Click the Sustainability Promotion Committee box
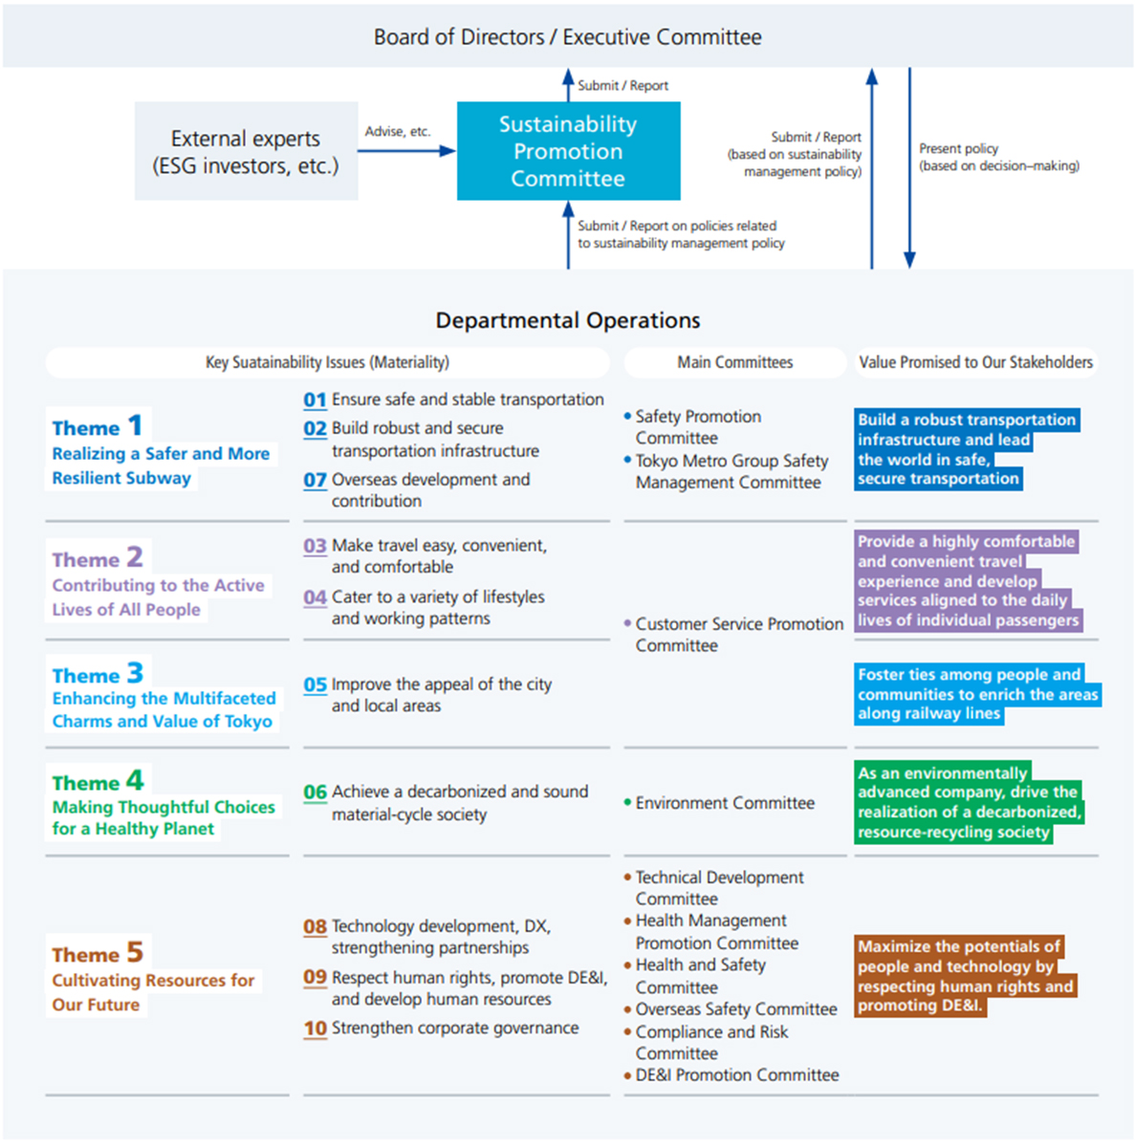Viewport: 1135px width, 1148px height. pyautogui.click(x=568, y=151)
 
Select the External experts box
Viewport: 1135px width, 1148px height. pyautogui.click(x=246, y=151)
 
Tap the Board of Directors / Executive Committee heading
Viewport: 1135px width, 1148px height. pyautogui.click(x=567, y=37)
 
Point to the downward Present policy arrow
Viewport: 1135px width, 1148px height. pyautogui.click(x=909, y=167)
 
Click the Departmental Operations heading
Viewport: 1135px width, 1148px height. pyautogui.click(x=567, y=320)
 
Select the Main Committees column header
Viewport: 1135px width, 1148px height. pyautogui.click(x=734, y=362)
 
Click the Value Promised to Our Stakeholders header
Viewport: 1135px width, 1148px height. pyautogui.click(x=975, y=362)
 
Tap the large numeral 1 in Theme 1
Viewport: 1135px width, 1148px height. pyautogui.click(x=135, y=424)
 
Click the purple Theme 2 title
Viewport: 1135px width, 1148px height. pyautogui.click(x=98, y=558)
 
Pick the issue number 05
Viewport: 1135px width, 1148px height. pyautogui.click(x=315, y=685)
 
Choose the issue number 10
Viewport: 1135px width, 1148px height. pyautogui.click(x=315, y=1029)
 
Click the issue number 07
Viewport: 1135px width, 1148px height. pyautogui.click(x=315, y=480)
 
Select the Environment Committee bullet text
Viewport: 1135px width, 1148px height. pyautogui.click(x=725, y=803)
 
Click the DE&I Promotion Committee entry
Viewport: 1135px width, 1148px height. pyautogui.click(x=736, y=1075)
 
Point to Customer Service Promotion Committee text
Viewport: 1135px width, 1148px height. pyautogui.click(x=738, y=635)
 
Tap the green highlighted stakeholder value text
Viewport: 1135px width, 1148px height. pyautogui.click(x=968, y=802)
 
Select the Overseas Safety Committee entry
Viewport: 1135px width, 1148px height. pyautogui.click(x=735, y=1009)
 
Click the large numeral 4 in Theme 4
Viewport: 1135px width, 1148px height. pyautogui.click(x=135, y=780)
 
